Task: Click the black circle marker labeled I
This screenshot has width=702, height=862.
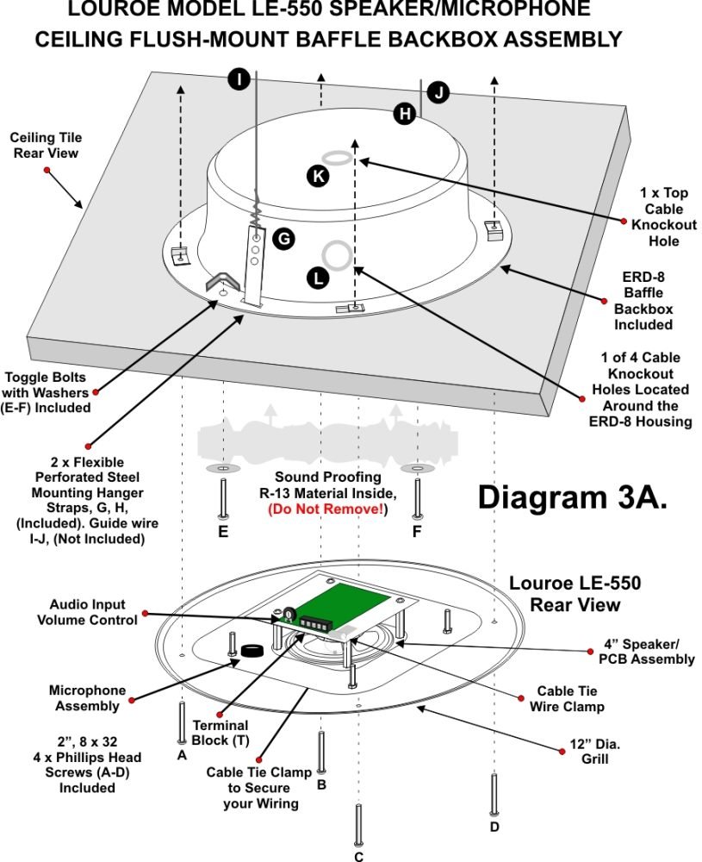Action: [239, 80]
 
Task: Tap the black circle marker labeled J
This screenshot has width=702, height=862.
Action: [438, 92]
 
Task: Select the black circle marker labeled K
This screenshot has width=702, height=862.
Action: [318, 176]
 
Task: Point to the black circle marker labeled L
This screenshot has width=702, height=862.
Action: [318, 278]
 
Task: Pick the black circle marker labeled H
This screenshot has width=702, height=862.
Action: [405, 112]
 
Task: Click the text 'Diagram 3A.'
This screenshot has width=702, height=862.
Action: [572, 497]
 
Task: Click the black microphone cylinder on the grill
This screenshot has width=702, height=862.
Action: [252, 652]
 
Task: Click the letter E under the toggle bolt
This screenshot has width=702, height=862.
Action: [223, 532]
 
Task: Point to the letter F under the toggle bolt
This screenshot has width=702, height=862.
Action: [417, 532]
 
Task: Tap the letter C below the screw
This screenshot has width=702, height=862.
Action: [358, 856]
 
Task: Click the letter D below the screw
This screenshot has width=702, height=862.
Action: [494, 828]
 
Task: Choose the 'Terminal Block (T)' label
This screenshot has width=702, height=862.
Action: [210, 733]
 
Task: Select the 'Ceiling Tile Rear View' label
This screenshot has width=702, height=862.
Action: [45, 145]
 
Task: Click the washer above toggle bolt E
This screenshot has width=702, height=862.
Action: [223, 468]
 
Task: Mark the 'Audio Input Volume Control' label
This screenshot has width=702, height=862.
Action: [93, 612]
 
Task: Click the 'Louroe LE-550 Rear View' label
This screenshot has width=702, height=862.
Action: [575, 594]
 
